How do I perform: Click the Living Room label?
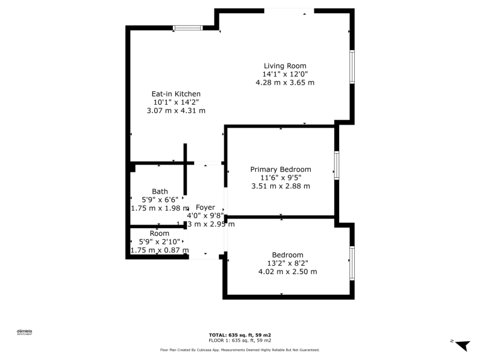[285, 66]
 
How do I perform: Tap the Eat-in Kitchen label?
[176, 94]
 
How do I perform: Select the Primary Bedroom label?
[281, 169]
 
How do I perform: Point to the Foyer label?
[206, 208]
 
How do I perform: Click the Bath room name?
[160, 191]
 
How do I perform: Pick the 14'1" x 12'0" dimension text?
[285, 74]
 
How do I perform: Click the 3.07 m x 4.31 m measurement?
[176, 111]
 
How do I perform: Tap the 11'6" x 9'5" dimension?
[281, 178]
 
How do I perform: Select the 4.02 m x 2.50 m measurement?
[287, 272]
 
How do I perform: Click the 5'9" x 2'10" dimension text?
[160, 241]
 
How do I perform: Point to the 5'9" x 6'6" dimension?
[160, 200]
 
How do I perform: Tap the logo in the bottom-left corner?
[24, 332]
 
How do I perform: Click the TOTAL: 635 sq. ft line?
[240, 335]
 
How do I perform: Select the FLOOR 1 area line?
[240, 341]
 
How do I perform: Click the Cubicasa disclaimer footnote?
[240, 350]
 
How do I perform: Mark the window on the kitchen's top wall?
[188, 27]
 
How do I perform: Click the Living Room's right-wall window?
[351, 67]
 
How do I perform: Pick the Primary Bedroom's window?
[337, 165]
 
